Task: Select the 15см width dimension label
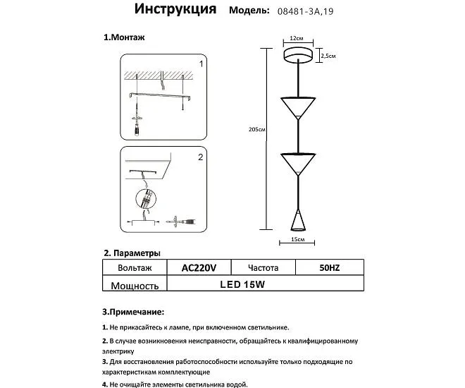tap(297, 241)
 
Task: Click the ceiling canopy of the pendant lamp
tap(299, 55)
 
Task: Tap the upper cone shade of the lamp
tap(299, 106)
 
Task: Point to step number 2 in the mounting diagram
tap(200, 158)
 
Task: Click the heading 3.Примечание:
tap(133, 310)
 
